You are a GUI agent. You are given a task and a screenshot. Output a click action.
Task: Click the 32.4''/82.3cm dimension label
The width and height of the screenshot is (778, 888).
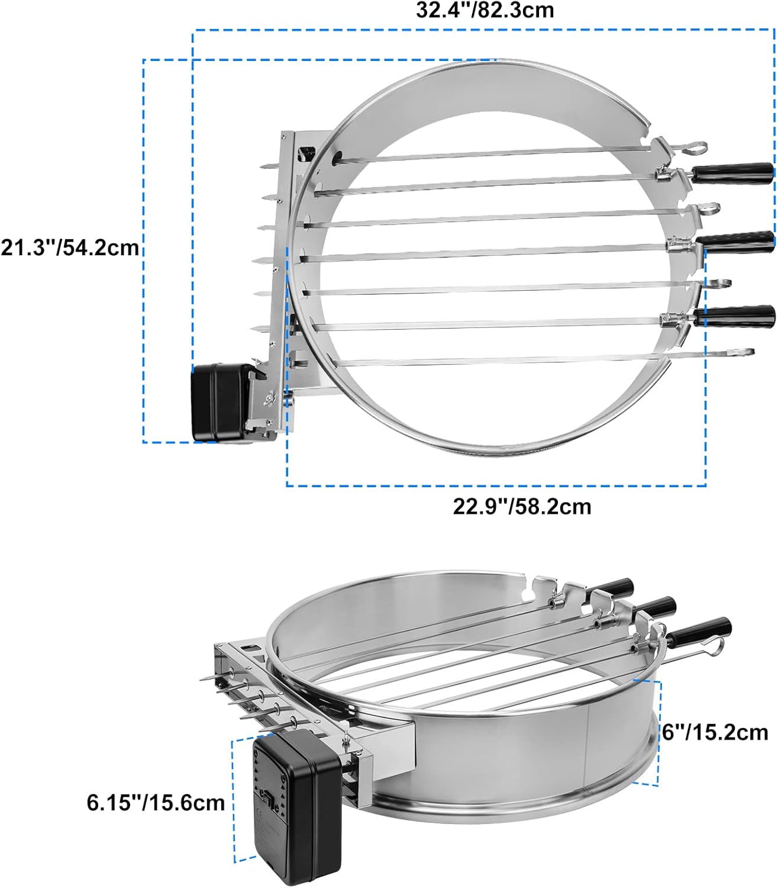click(x=485, y=10)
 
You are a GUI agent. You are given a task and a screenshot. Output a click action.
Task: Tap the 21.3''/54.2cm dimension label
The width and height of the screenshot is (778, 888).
click(x=70, y=247)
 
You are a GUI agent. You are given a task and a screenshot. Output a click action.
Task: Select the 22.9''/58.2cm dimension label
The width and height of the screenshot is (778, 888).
click(x=522, y=507)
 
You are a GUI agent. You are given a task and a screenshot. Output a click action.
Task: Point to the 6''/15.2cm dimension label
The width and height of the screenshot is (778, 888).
click(x=715, y=732)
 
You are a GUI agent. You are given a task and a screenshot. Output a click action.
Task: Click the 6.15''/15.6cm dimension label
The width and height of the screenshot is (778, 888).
click(x=156, y=803)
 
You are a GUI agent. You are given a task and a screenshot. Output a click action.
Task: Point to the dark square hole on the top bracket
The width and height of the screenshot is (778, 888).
click(x=307, y=153)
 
